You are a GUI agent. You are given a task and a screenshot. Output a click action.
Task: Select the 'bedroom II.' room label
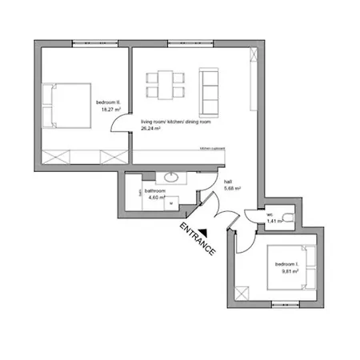coord(107,102)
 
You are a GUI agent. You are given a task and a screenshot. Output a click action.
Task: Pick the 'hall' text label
coord(228,182)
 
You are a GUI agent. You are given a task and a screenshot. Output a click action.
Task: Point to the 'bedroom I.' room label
coord(286,263)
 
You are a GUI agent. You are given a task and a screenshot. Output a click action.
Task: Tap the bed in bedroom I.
coord(298,267)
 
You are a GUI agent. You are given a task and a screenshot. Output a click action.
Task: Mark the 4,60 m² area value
coord(155,199)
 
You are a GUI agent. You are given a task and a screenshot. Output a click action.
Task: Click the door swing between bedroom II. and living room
coord(120,125)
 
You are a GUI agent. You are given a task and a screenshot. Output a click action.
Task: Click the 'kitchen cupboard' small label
coord(212,149)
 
